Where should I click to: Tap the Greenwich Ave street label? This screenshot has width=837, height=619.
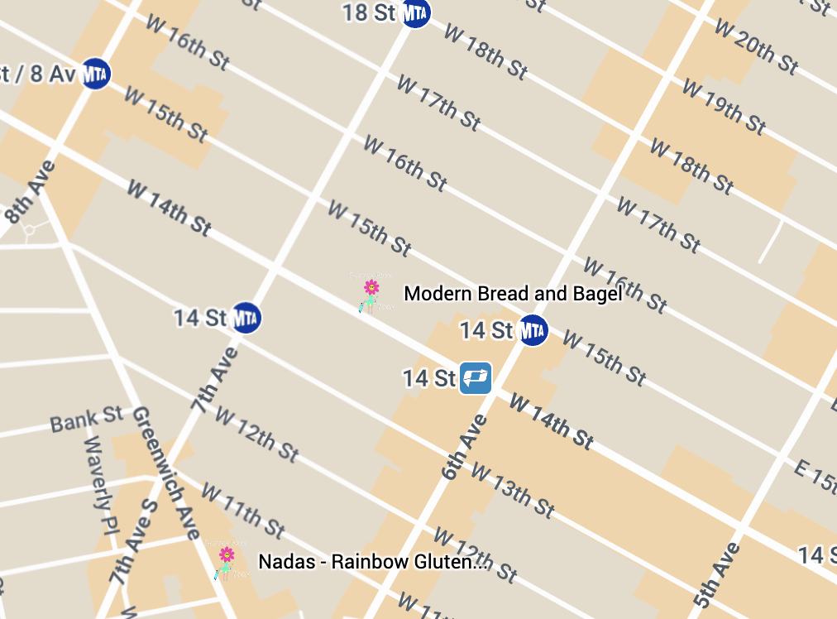(168, 473)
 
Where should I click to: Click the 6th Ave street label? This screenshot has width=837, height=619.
(465, 447)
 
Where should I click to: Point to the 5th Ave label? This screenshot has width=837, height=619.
(715, 576)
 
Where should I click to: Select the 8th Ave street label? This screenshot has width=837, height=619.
(31, 192)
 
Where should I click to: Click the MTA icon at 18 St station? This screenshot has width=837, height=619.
(415, 12)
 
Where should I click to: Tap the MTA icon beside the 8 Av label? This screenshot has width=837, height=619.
(96, 74)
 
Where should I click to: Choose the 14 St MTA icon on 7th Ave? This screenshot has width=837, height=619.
(246, 317)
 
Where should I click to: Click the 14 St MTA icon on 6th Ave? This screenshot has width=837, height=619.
(533, 330)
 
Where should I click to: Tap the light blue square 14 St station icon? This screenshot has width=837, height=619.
(476, 378)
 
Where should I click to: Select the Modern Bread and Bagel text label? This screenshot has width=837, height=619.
(512, 294)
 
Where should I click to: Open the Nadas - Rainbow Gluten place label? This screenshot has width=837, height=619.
(372, 562)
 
